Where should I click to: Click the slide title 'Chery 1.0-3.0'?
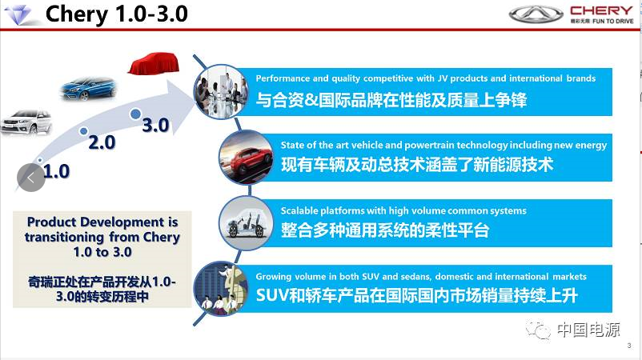[x=117, y=14]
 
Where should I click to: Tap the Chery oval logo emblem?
[x=536, y=14]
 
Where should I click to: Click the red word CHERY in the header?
[x=601, y=10]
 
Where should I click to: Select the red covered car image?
[x=154, y=63]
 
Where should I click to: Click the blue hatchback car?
[x=89, y=88]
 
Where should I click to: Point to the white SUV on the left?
[x=26, y=122]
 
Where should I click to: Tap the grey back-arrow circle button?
[x=31, y=178]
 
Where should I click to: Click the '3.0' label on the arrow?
[x=155, y=125]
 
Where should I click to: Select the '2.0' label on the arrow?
[x=102, y=142]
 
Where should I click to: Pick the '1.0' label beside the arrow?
[x=56, y=171]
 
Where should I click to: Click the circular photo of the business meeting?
[x=221, y=92]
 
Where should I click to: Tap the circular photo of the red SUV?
[x=246, y=158]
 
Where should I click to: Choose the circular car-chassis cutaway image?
[x=246, y=223]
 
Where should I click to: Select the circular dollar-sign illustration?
[x=221, y=289]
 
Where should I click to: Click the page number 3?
[x=629, y=346]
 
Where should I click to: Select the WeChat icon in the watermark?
[x=539, y=330]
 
